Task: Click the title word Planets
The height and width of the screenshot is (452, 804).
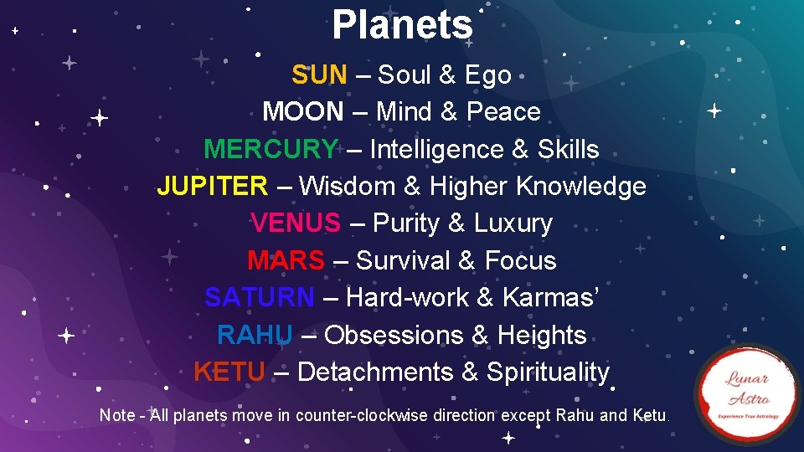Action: [402, 25]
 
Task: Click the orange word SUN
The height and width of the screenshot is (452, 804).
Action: [318, 74]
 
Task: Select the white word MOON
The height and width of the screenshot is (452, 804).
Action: [302, 111]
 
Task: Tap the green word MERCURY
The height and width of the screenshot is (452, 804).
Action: [271, 149]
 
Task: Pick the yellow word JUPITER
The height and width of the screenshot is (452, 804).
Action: [212, 186]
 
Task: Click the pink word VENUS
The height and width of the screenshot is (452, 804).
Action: [296, 223]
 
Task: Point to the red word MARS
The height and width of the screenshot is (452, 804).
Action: [286, 260]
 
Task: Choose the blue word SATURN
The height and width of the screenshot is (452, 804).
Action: [260, 297]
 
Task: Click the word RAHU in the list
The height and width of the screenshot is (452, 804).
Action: [255, 335]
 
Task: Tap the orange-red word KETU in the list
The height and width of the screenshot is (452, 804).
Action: [229, 372]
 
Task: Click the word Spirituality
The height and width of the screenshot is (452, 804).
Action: [548, 372]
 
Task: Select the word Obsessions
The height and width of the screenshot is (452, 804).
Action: [394, 335]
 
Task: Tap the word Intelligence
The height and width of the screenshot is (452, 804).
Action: [436, 149]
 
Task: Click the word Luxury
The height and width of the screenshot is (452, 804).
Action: [513, 223]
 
